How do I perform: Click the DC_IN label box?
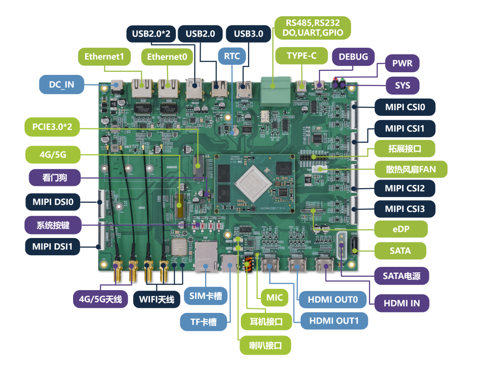(61, 84)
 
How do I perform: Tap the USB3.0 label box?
(248, 33)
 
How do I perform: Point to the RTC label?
(232, 56)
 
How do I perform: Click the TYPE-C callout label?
(302, 56)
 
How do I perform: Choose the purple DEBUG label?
(353, 57)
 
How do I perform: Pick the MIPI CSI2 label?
(404, 188)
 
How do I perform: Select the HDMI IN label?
(402, 303)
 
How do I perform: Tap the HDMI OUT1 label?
(334, 320)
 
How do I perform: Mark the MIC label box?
(274, 297)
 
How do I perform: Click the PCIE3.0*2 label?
(52, 127)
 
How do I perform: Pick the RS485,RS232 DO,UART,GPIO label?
(312, 28)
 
